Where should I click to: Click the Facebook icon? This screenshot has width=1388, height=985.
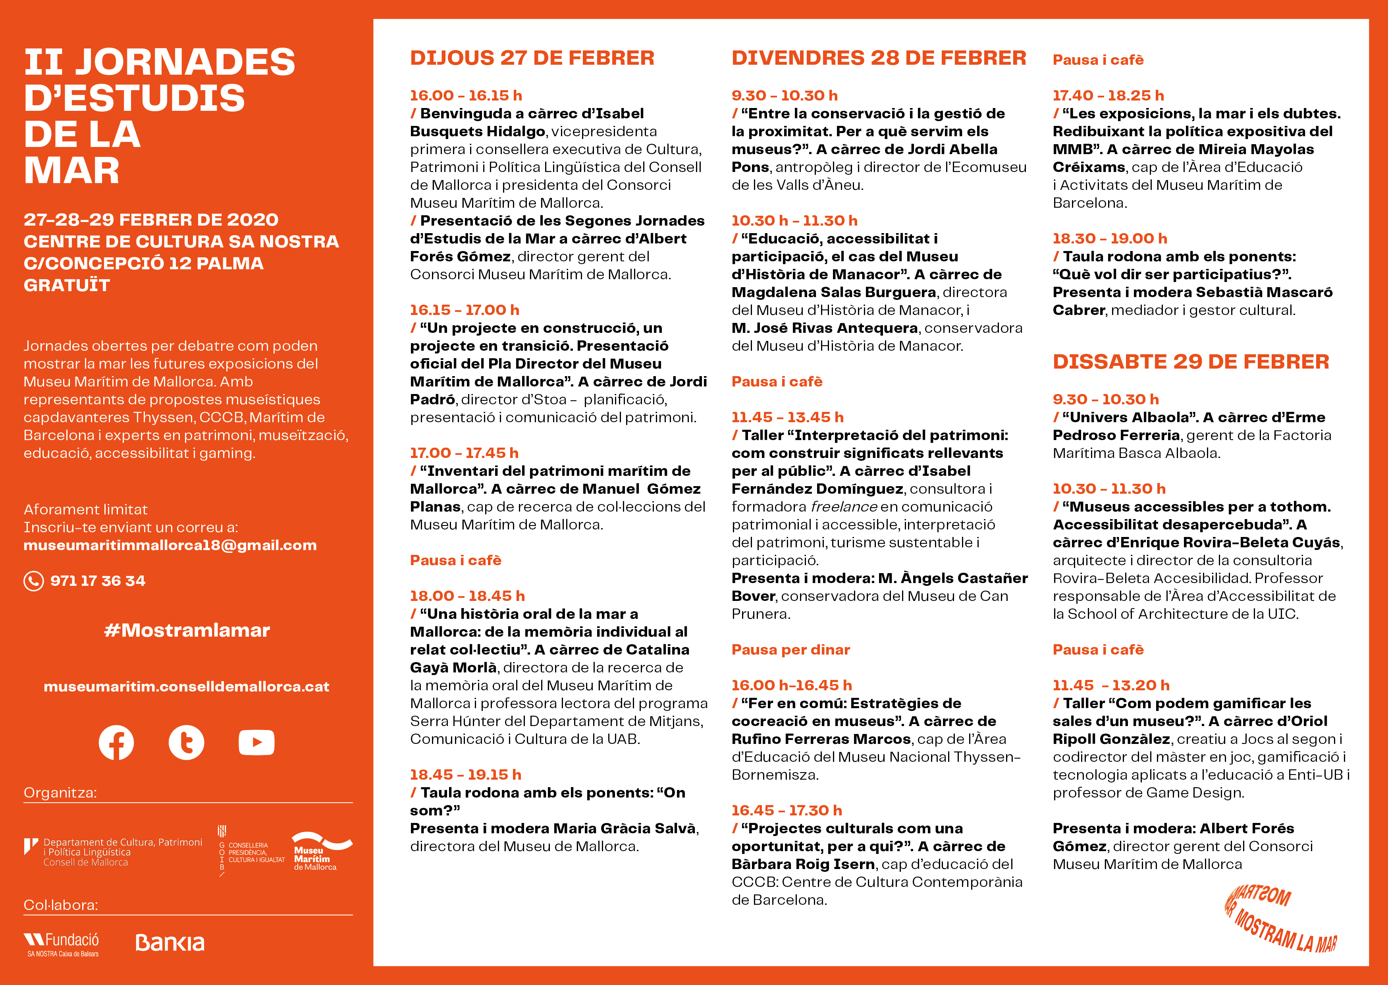coord(116,742)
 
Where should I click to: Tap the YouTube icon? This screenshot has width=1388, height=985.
coord(256,742)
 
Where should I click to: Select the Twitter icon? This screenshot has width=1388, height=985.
coord(186,742)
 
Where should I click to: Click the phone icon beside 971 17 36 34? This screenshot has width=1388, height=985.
coord(33,581)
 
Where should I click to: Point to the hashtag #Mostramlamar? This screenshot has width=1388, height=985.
coord(187,630)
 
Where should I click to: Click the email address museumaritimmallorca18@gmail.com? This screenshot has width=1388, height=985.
coord(170,545)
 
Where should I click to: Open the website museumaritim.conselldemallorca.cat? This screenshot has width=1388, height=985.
coord(186,687)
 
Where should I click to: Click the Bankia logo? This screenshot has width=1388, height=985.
coord(170,943)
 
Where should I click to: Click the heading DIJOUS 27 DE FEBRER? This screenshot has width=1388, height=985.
coord(532,58)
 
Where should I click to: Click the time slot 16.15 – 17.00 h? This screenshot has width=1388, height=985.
coord(464,310)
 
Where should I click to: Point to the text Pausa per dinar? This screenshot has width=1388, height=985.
coord(790,650)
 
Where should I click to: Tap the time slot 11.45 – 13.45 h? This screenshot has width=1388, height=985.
coord(787,417)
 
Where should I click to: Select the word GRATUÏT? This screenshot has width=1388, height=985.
coord(67,285)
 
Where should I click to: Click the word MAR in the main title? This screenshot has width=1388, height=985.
coord(71,171)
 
